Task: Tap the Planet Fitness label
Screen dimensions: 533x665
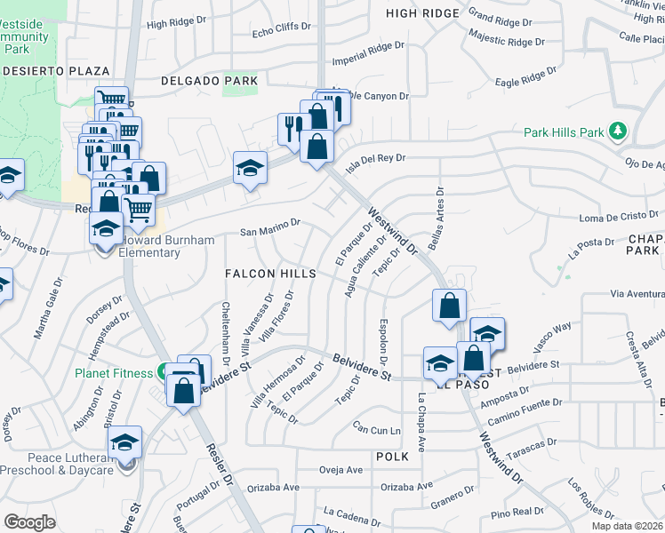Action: [114, 373]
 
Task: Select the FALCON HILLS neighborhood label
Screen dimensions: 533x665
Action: [270, 274]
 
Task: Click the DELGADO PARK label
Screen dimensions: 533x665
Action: [209, 81]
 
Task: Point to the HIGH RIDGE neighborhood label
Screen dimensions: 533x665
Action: [423, 13]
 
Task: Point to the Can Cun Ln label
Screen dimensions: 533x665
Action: [377, 429]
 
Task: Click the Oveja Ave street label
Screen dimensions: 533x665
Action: [341, 470]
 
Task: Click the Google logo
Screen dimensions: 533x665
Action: [29, 521]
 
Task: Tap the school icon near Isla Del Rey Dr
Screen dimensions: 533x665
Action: [251, 167]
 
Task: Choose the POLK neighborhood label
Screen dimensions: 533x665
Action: [391, 456]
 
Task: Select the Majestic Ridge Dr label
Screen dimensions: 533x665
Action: [506, 40]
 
